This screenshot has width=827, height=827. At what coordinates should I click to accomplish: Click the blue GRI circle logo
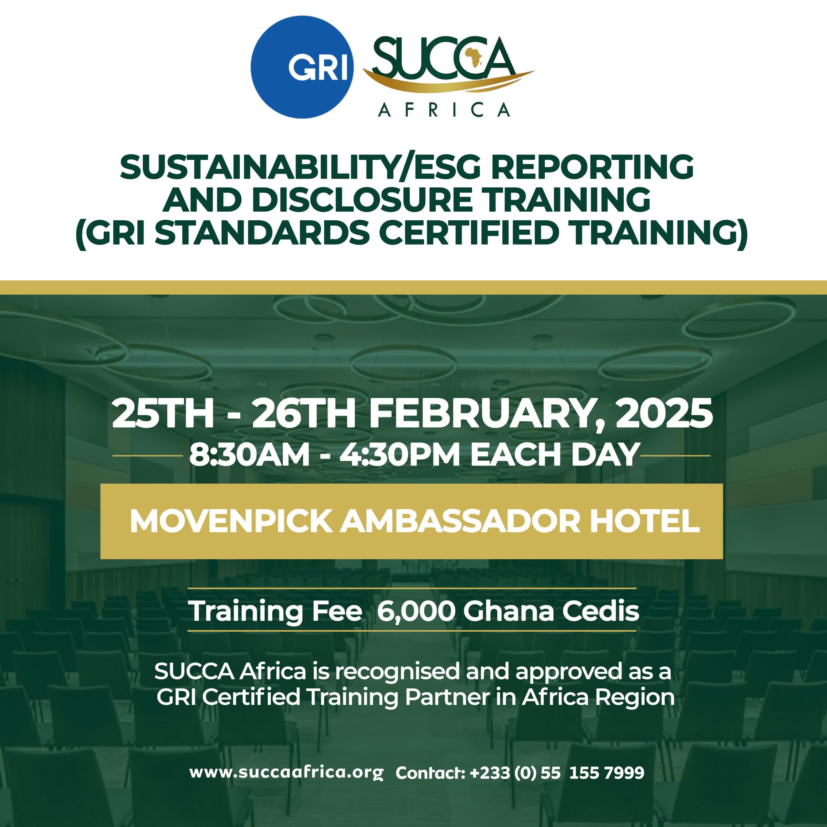click(x=302, y=67)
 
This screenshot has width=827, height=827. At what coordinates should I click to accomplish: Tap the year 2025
click(x=664, y=413)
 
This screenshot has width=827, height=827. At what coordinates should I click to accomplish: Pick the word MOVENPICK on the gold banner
click(x=231, y=521)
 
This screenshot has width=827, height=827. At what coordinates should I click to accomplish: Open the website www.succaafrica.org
click(x=286, y=773)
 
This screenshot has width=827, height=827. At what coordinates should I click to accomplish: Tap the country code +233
click(x=490, y=773)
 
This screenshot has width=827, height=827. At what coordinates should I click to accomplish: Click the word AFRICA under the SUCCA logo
click(x=444, y=110)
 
